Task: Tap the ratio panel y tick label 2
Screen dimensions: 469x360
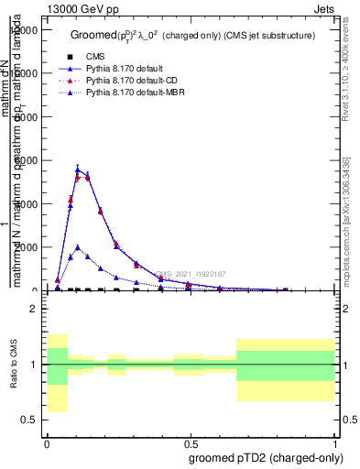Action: [33, 310]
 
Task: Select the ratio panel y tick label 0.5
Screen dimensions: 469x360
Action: [29, 420]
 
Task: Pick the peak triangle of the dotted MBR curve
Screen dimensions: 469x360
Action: [78, 246]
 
